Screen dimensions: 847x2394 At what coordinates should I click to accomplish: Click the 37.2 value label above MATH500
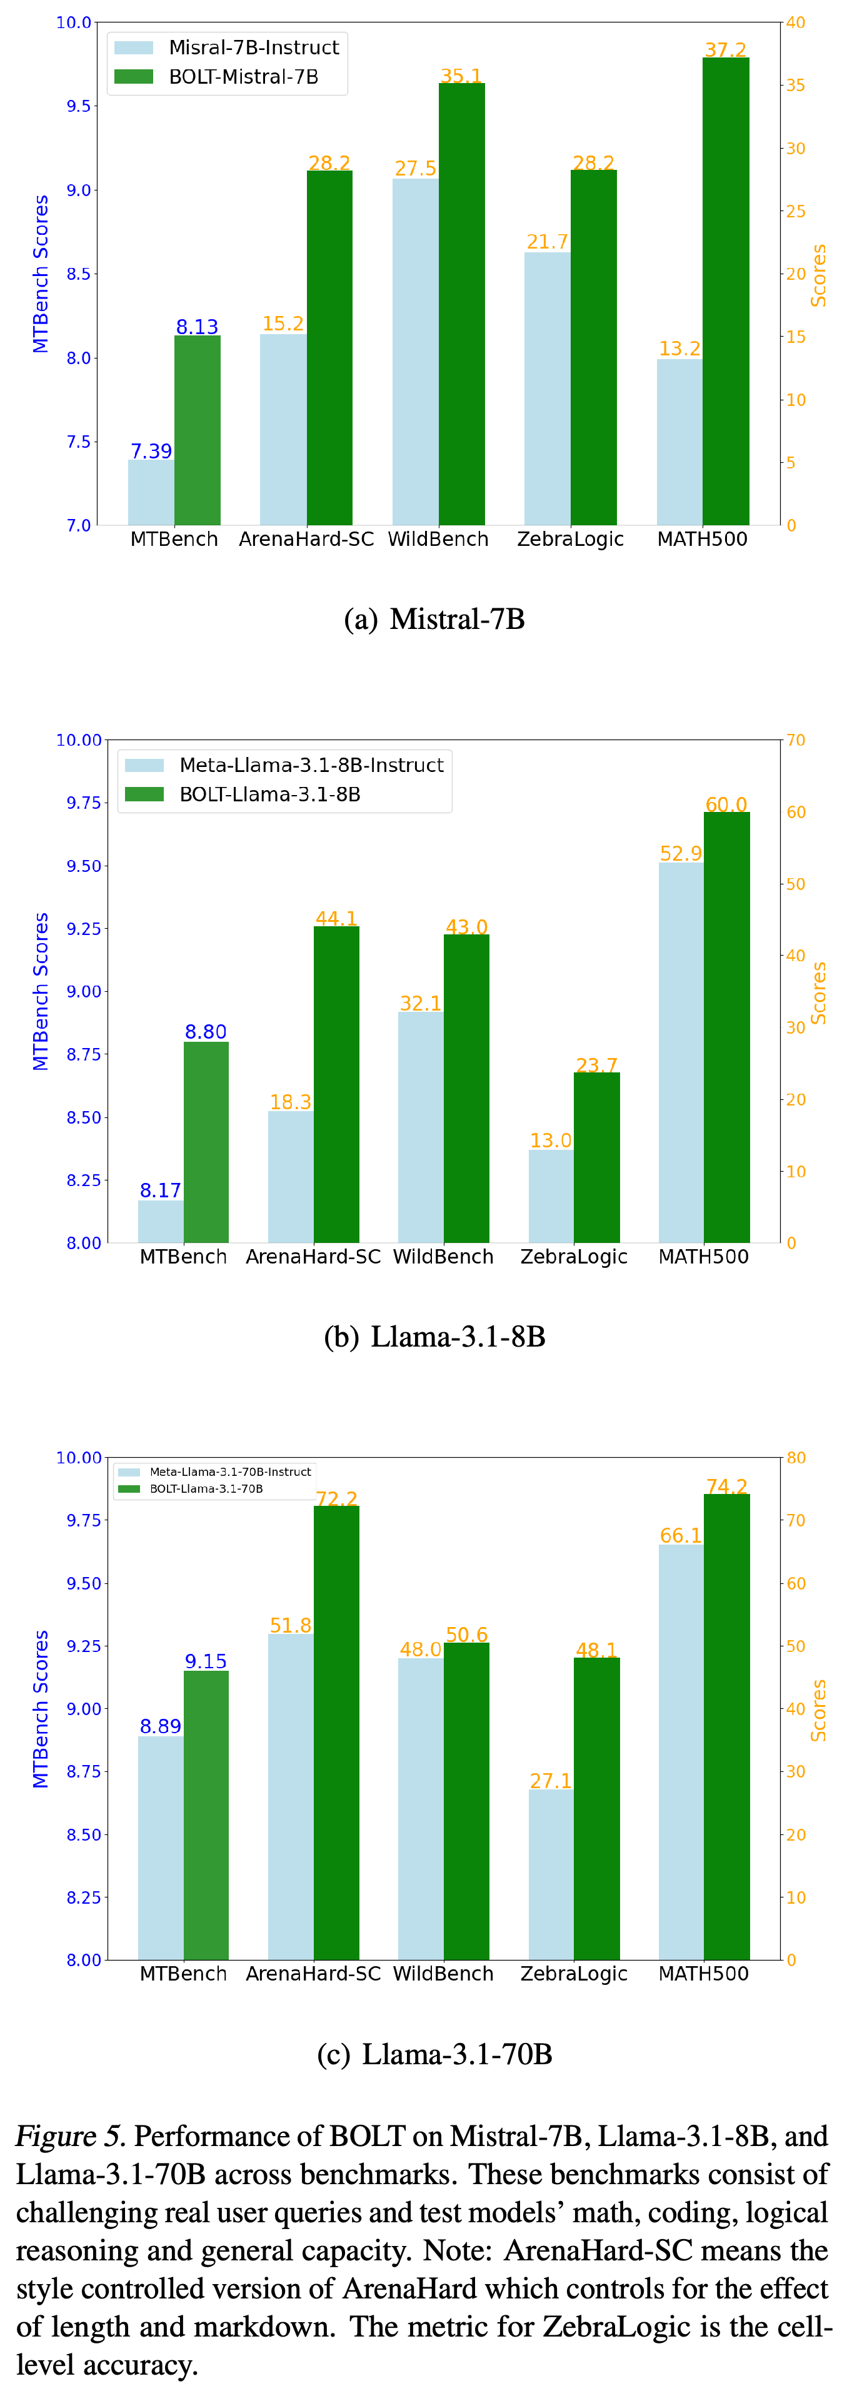coord(725,49)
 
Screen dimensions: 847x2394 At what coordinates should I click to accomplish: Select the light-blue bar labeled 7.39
coord(151,493)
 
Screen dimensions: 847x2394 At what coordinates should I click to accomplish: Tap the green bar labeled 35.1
coord(462,304)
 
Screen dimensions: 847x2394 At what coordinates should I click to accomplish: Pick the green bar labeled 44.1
coord(336,1084)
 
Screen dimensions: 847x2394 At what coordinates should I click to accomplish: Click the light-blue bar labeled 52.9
coord(681,1053)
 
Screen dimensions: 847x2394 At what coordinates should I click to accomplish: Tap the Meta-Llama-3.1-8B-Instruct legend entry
coord(284,765)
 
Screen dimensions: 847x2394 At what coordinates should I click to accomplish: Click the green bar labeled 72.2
coord(336,1733)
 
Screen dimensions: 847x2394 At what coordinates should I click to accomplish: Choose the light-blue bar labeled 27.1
coord(551,1876)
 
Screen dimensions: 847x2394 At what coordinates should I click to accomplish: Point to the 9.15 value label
coord(206,1661)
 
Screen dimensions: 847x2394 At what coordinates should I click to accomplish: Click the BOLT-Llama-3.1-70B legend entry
coord(191,1489)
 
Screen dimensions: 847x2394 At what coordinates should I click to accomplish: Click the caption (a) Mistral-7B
coord(434,619)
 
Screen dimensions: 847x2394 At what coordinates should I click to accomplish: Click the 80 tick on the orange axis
coord(796,1457)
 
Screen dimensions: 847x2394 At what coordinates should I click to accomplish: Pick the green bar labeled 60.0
coord(727,1028)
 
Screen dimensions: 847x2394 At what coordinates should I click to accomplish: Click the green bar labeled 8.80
coord(206,1142)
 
